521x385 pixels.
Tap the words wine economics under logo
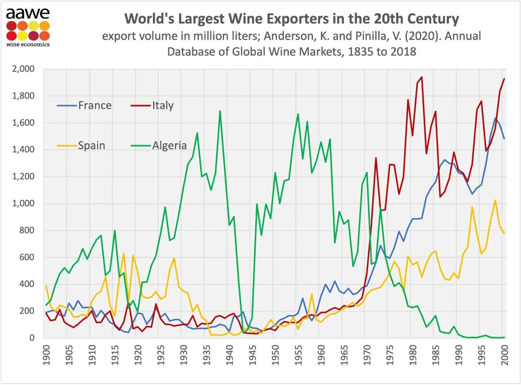tap(27, 44)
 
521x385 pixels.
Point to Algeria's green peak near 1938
tap(220, 111)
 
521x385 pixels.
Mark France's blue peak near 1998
tap(495, 118)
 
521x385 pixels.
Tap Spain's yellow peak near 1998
tap(495, 200)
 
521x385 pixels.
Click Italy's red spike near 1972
tap(376, 158)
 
